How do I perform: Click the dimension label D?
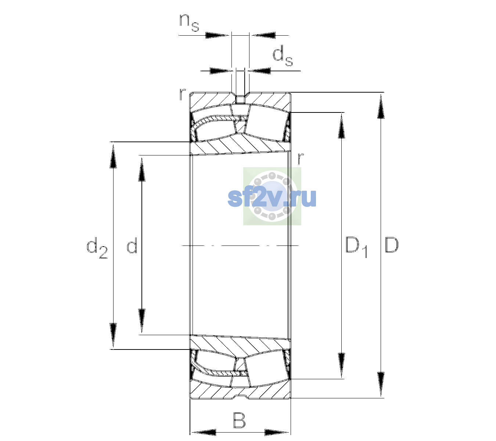(x=391, y=245)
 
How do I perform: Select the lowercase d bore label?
(x=132, y=245)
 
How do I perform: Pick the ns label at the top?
(x=189, y=22)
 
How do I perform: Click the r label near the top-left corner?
(x=182, y=94)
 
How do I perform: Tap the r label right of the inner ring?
(x=301, y=158)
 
